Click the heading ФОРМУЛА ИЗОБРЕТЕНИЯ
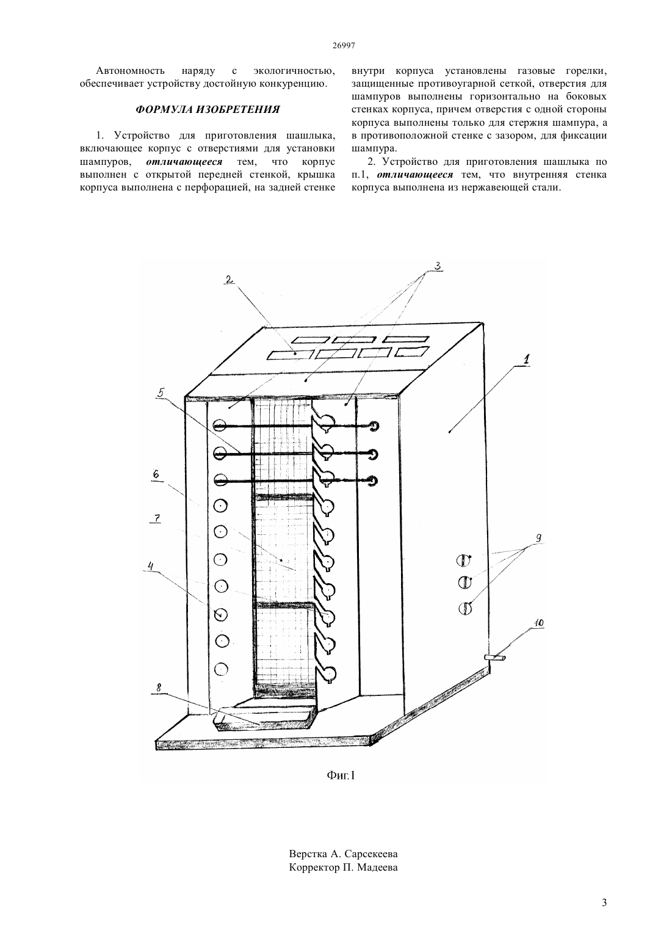(208, 110)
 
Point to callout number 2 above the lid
(229, 280)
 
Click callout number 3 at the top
(438, 266)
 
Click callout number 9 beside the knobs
(539, 538)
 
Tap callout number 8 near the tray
(159, 688)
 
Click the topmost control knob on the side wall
(464, 560)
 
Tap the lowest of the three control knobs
(465, 609)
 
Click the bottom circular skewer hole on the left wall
(220, 669)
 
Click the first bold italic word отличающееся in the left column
(184, 162)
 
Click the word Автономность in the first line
(131, 70)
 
